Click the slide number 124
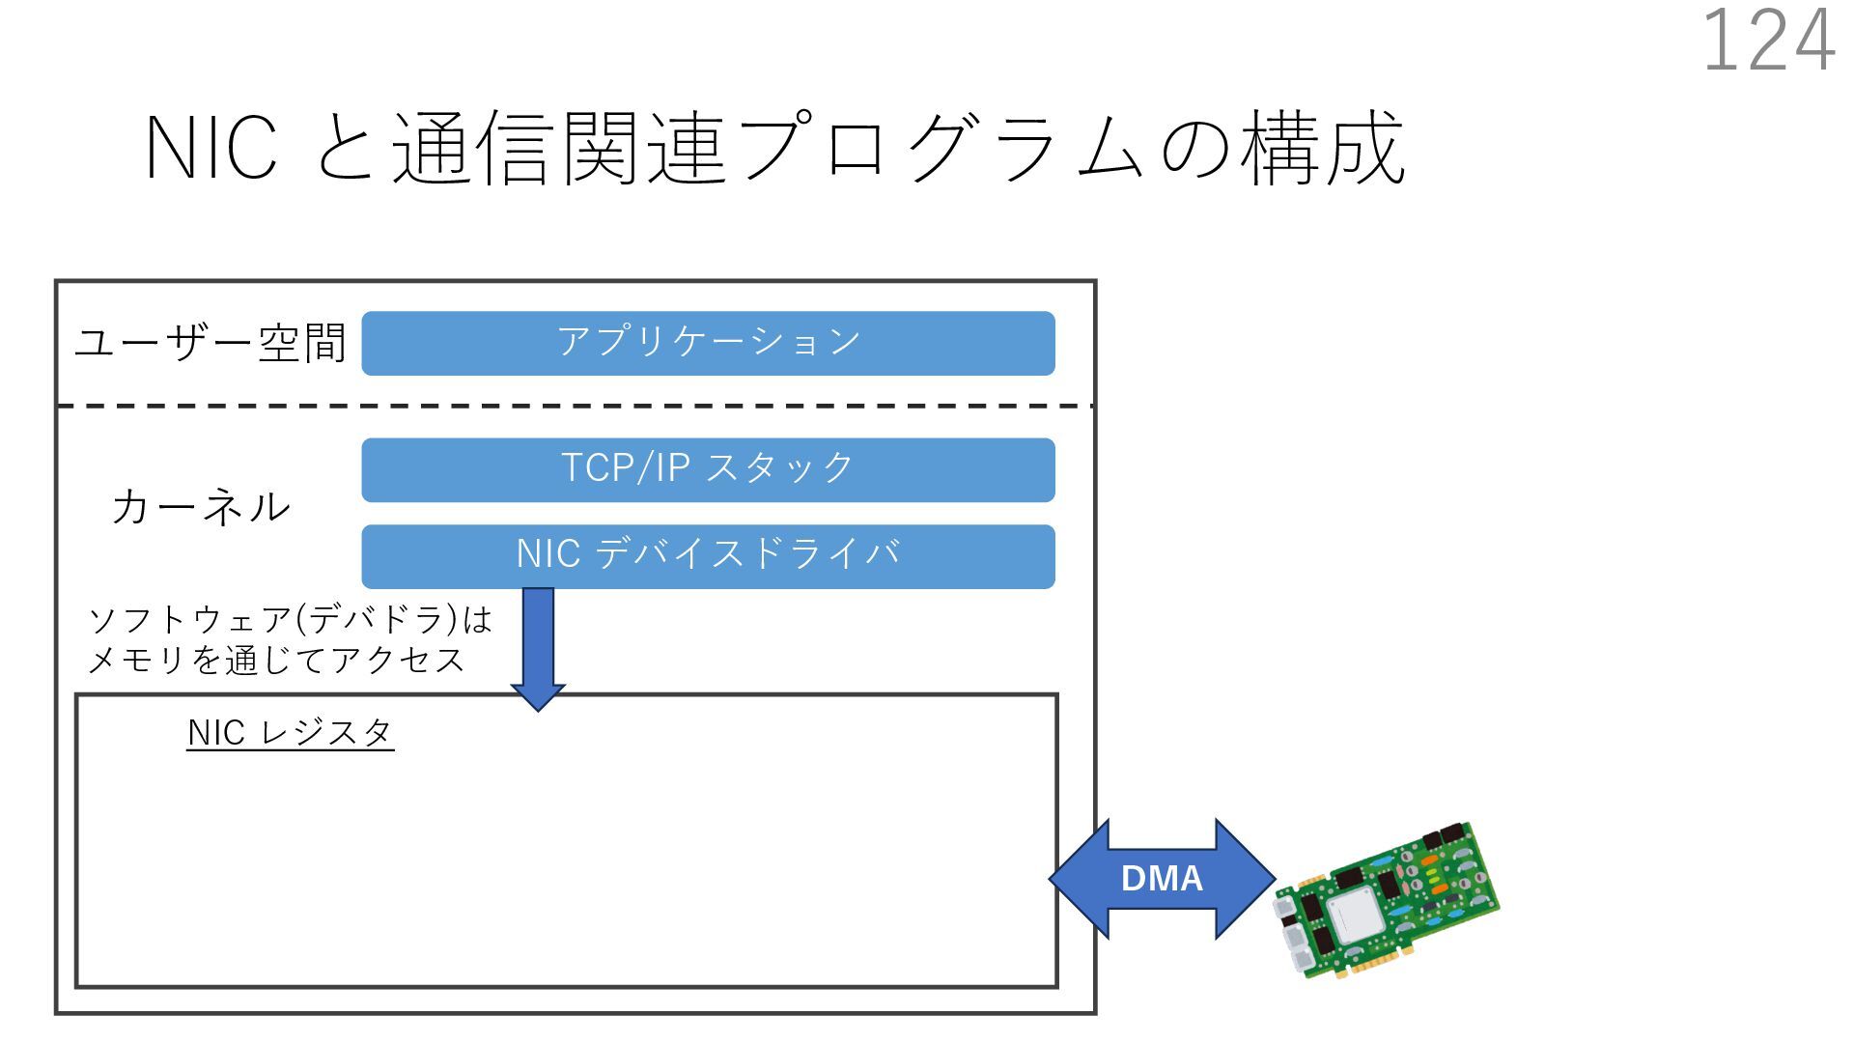tap(1767, 41)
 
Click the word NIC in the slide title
tap(211, 148)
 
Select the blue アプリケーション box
tap(708, 343)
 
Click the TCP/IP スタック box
tap(708, 469)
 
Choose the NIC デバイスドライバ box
tap(708, 556)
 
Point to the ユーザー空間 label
tap(211, 343)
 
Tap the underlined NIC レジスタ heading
tap(290, 733)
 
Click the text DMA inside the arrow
tap(1162, 879)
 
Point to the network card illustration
tap(1387, 900)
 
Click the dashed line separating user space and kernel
tap(575, 407)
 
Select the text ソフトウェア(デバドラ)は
tap(290, 619)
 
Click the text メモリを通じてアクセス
tap(276, 661)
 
